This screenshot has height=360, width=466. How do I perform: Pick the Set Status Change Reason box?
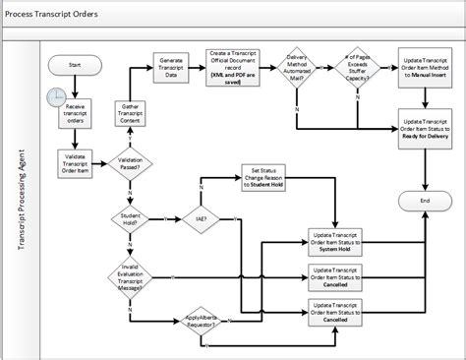click(268, 180)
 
